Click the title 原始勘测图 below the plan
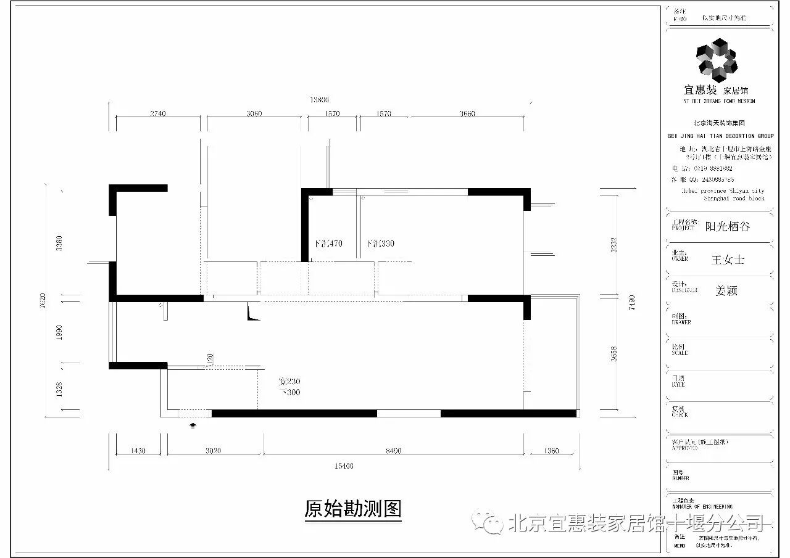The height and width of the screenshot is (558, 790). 353,509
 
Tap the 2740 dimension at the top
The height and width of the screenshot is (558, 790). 158,113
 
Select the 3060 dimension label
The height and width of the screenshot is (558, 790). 254,113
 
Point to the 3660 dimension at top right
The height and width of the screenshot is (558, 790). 467,113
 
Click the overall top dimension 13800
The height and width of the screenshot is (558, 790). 318,99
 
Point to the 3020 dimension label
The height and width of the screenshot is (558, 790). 213,451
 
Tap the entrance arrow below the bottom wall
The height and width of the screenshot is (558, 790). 194,424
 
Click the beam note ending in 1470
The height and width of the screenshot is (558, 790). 328,244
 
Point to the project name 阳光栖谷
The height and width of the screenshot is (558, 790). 728,226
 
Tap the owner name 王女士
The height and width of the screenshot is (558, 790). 728,260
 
